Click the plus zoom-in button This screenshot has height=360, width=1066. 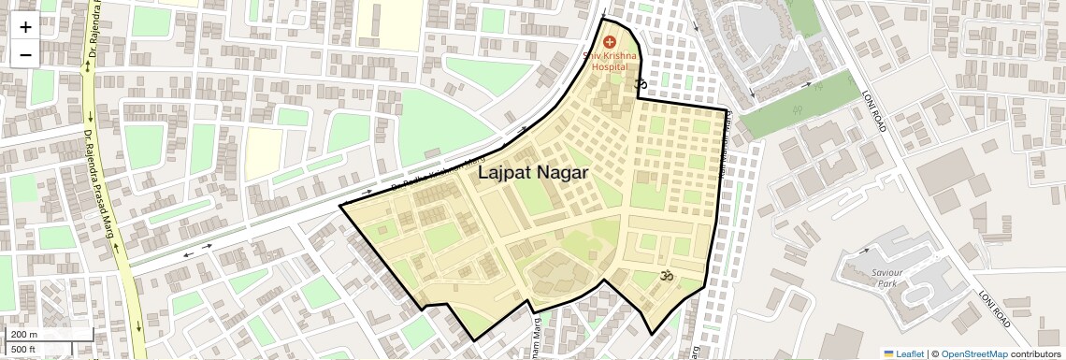[25, 27]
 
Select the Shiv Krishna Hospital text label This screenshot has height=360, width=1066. [610, 63]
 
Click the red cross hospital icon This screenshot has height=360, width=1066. [610, 42]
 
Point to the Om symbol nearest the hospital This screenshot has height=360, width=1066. [641, 86]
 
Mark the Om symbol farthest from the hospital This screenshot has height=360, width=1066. [667, 276]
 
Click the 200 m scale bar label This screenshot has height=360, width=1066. [24, 335]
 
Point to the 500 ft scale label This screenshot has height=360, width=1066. [24, 350]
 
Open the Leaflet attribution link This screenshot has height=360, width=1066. [908, 354]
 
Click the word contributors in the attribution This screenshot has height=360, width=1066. [1037, 354]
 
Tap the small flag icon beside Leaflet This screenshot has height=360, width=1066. [888, 354]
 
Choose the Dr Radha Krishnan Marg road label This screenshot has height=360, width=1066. [439, 176]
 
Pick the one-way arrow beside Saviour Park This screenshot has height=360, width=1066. [865, 252]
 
